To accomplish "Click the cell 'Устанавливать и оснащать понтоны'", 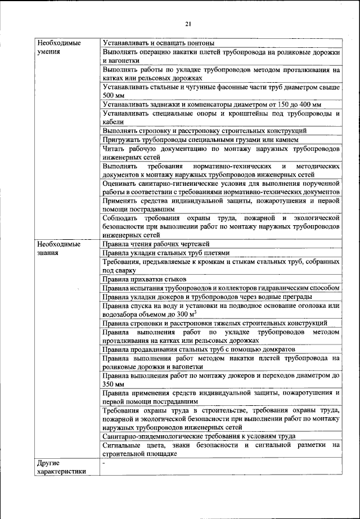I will tap(159, 43).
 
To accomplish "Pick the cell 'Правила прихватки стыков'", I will tap(145, 279).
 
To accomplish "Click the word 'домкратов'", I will tap(251, 349).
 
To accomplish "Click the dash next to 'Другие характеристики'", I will tap(104, 463).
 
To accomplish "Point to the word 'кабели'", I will tap(113, 122).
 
